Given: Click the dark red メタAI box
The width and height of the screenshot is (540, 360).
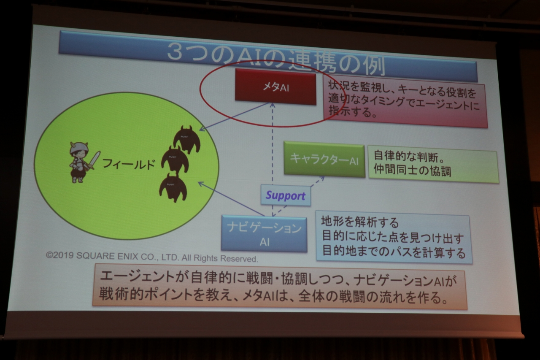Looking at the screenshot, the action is (x=275, y=87).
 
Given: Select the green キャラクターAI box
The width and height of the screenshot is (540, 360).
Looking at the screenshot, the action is (x=324, y=160).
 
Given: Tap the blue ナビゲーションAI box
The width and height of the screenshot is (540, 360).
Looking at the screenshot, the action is (x=264, y=234).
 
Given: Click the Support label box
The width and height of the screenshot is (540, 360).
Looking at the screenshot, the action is (x=286, y=195).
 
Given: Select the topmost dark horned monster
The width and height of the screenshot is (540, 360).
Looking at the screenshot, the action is (x=186, y=139).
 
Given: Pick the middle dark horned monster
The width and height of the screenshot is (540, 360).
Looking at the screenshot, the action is (x=175, y=160).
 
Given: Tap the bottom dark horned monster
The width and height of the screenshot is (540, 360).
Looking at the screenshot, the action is (x=173, y=187).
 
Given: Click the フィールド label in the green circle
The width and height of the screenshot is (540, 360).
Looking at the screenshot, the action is (x=128, y=164).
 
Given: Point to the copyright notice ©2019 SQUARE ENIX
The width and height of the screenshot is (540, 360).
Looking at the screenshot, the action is (x=152, y=257).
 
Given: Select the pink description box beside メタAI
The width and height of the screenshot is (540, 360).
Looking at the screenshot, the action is (x=405, y=102).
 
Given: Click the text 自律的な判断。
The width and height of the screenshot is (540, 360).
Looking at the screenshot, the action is (x=409, y=156).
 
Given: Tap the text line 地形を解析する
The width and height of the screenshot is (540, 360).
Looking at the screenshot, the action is (x=360, y=222).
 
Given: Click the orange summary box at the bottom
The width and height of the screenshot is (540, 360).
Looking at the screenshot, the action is (x=280, y=287).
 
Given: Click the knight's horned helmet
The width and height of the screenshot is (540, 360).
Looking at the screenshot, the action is (x=78, y=148).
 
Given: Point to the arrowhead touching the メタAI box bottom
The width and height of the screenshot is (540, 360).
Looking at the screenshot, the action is (x=273, y=105).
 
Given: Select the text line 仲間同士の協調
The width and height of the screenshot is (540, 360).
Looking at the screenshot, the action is (x=412, y=171).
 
